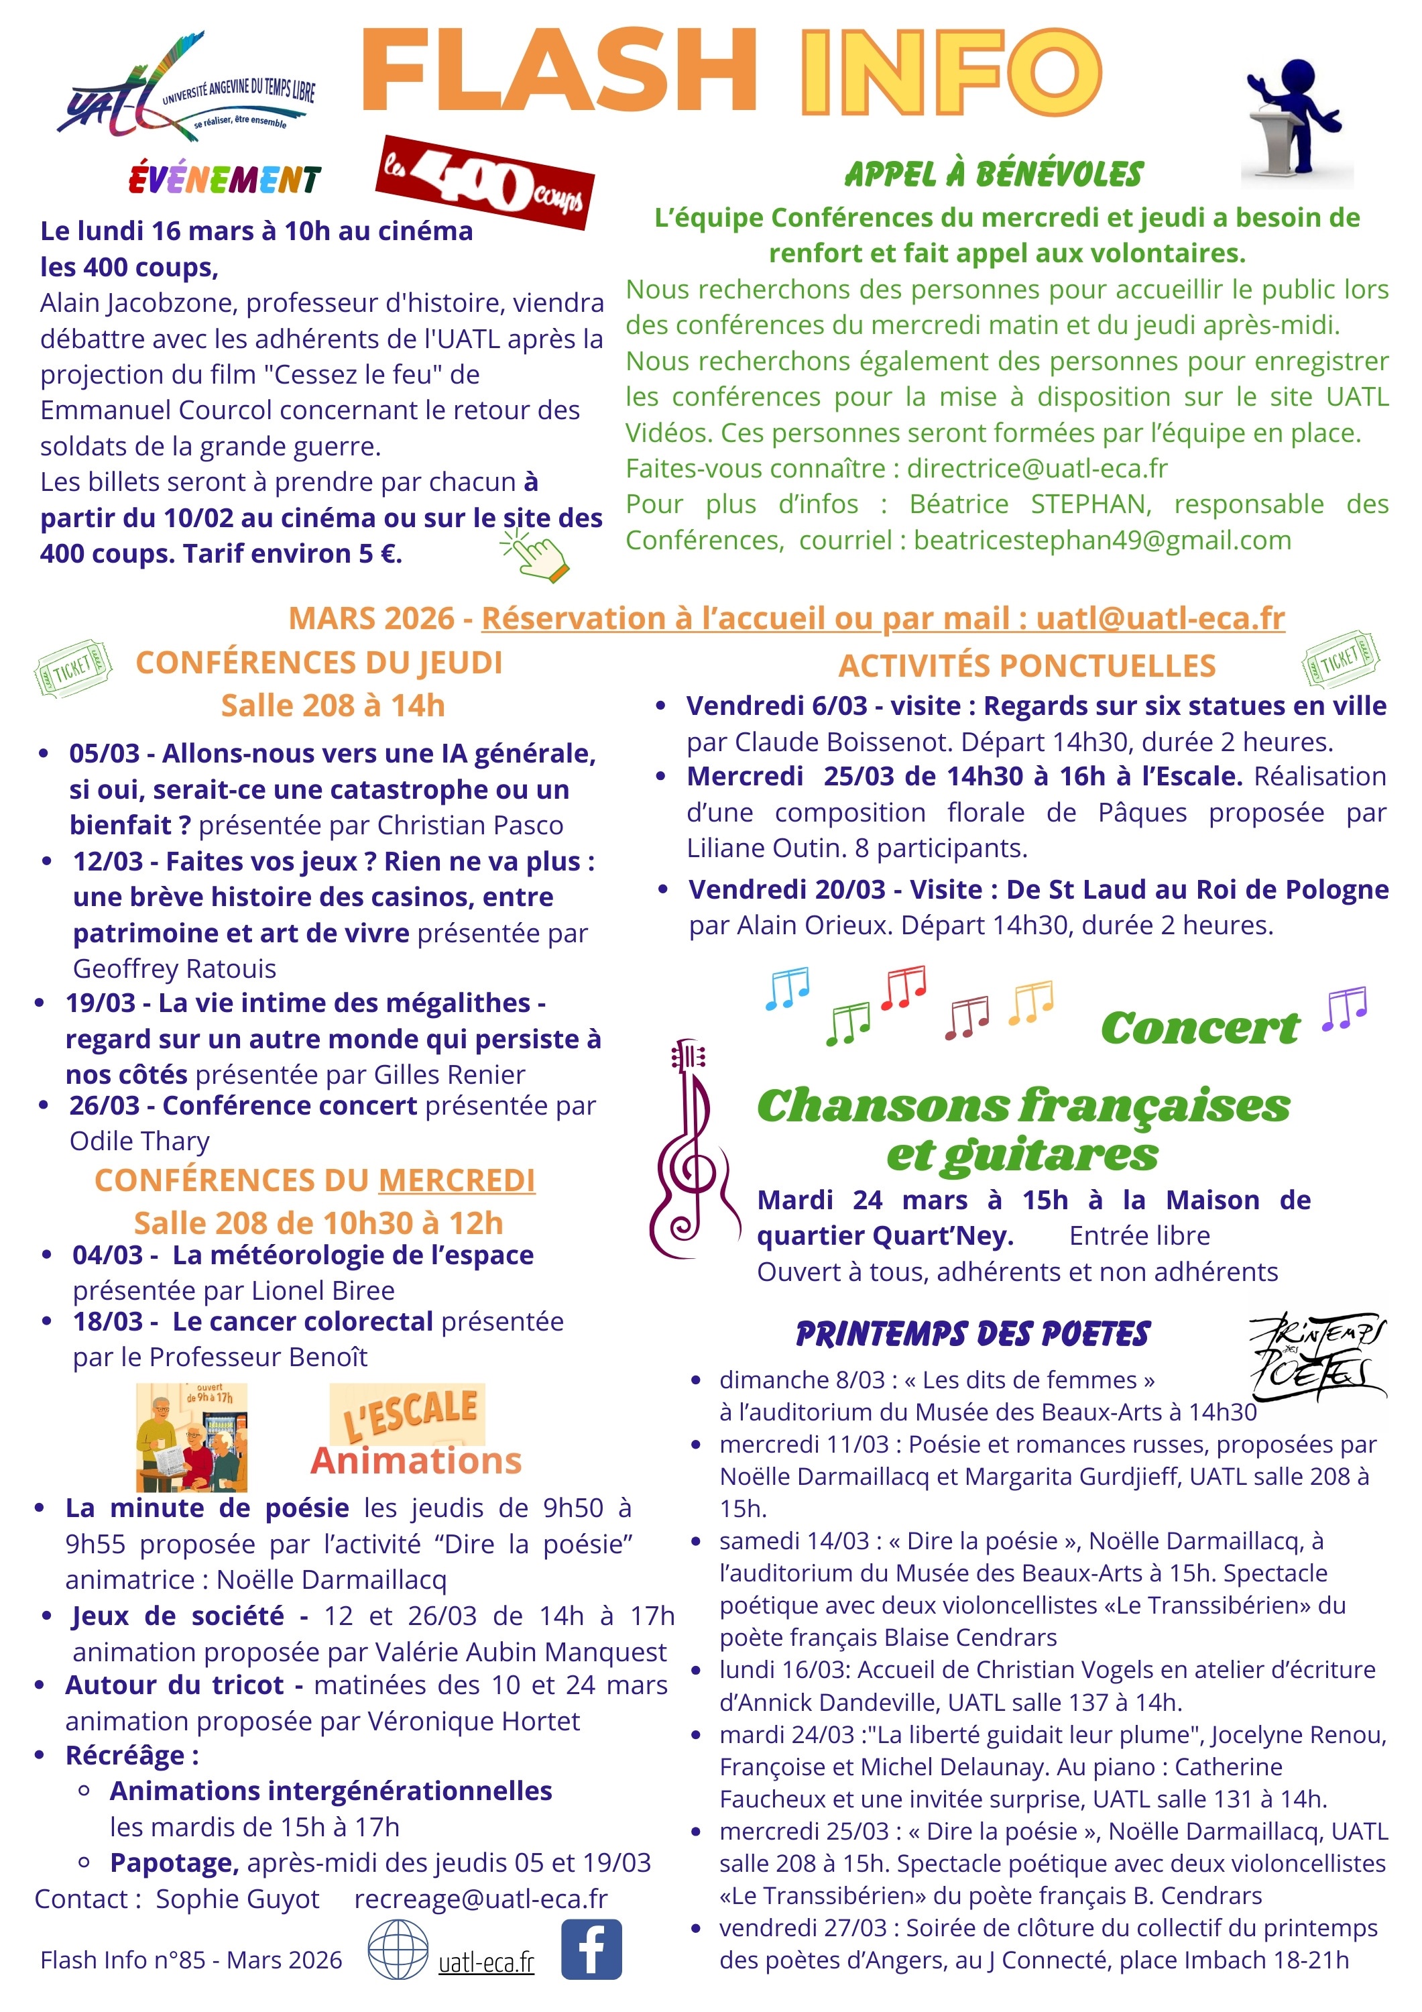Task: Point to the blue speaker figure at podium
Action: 1295,121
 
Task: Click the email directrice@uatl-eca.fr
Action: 1036,468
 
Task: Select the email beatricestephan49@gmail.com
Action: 1102,540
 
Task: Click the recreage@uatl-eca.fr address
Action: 480,1898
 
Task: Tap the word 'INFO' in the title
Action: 950,71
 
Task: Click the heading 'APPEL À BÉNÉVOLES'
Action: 994,174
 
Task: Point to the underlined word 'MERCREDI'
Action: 457,1180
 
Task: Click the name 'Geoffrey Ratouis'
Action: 174,968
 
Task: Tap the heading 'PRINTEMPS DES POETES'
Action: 973,1335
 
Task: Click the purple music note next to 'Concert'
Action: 1344,1009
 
